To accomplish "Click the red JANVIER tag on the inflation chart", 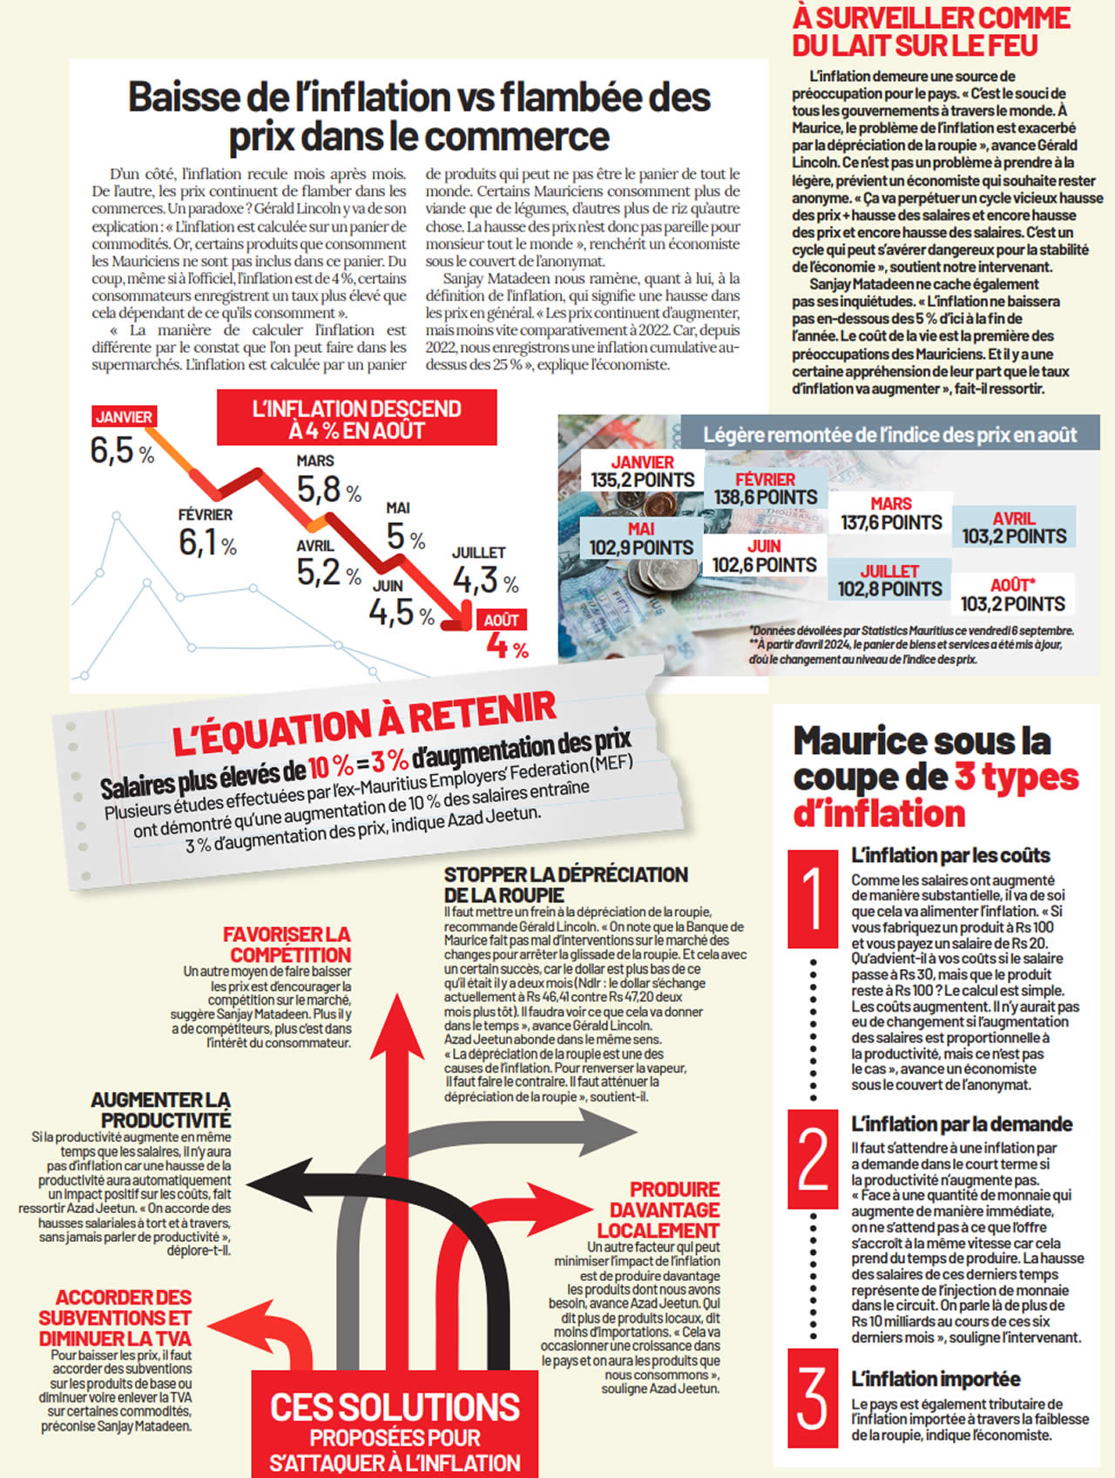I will pos(124,417).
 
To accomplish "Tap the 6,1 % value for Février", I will pos(207,542).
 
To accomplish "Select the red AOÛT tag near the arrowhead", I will pos(502,620).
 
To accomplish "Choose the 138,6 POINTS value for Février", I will pos(766,497).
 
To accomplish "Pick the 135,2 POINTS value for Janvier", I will pos(643,480).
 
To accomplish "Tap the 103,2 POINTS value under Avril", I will pos(1014,536).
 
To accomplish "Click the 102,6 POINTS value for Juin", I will pos(764,565).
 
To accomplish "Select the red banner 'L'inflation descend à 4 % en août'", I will pos(356,419).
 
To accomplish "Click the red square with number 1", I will pos(813,898).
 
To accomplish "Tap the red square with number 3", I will pos(813,1397).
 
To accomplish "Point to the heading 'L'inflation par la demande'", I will pos(961,1124).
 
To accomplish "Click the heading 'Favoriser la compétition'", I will pos(287,945).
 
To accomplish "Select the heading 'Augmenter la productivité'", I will pos(162,1109).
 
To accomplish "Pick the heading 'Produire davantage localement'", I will pos(661,1210).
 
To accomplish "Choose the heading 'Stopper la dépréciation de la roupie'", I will pos(565,885).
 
